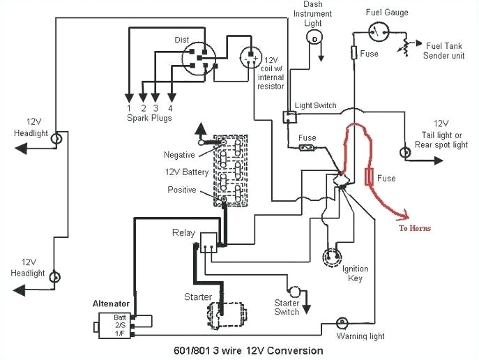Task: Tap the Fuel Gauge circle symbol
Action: [x=379, y=30]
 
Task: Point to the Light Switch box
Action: [x=287, y=117]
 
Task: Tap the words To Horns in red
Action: [x=415, y=228]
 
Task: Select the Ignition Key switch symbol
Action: [x=332, y=257]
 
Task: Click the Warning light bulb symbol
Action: [x=342, y=322]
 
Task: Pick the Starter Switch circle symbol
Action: [x=294, y=290]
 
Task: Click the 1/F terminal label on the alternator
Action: [x=121, y=333]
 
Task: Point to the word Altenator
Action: [x=113, y=303]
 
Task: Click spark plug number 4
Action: [x=170, y=107]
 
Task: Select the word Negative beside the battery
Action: [x=179, y=155]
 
